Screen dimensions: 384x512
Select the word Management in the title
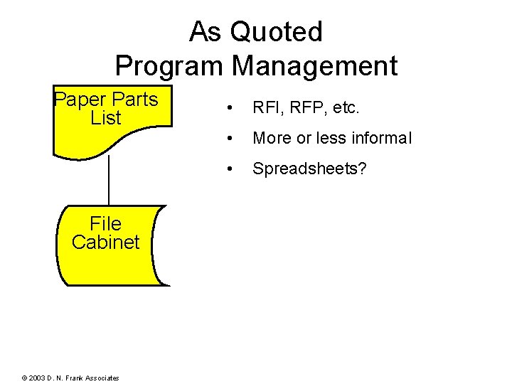click(x=314, y=66)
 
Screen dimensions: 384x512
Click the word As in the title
click(x=205, y=32)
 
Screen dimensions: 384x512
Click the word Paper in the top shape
click(x=78, y=100)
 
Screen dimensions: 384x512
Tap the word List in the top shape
click(x=106, y=118)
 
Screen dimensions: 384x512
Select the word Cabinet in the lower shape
click(x=106, y=242)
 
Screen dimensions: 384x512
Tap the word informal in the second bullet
click(x=376, y=139)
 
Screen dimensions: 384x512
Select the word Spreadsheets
click(x=310, y=169)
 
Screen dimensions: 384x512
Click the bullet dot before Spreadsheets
click(x=228, y=169)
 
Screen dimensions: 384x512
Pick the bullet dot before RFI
click(x=228, y=109)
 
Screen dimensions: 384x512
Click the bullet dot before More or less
click(x=228, y=139)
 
